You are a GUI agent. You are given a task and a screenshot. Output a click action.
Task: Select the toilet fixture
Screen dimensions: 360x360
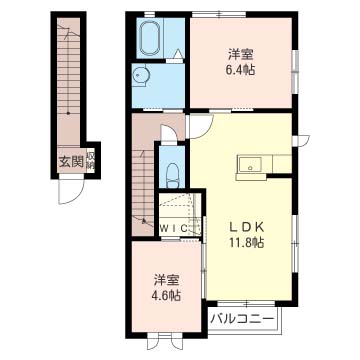[170, 173]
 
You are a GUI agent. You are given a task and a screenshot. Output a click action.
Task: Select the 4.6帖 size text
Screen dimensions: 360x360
[166, 297]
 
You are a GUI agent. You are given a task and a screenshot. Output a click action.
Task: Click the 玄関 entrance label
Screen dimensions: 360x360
[69, 159]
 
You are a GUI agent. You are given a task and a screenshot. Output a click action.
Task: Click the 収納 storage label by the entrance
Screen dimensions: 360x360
[90, 160]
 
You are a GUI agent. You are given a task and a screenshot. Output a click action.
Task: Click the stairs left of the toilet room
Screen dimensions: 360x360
[142, 180]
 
